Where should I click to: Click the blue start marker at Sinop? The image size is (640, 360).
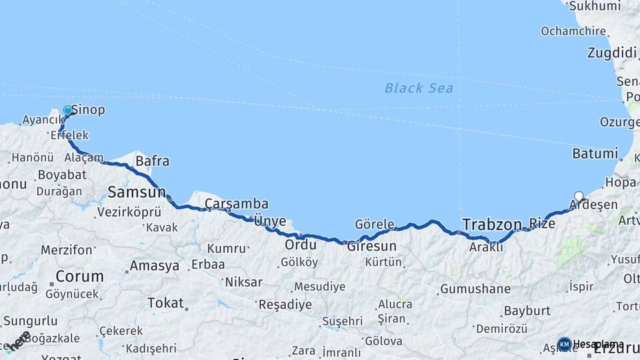[67, 111]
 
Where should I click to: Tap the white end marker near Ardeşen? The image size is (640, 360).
[579, 197]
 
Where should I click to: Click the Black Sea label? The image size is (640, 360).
[419, 88]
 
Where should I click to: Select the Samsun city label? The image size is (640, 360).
[137, 193]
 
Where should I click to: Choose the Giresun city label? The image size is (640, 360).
[371, 246]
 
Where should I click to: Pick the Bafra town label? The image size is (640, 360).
[152, 161]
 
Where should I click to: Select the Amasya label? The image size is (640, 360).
[154, 265]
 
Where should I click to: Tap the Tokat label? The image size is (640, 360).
[165, 303]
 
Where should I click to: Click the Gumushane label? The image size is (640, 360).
[475, 289]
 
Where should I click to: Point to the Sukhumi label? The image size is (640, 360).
[593, 7]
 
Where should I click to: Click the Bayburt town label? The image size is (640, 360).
[527, 311]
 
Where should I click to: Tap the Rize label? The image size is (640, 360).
[541, 223]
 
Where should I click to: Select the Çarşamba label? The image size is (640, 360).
[237, 203]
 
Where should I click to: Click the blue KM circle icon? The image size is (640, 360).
[564, 344]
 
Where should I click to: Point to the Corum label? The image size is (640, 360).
[79, 276]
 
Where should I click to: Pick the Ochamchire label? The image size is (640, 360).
[573, 31]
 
